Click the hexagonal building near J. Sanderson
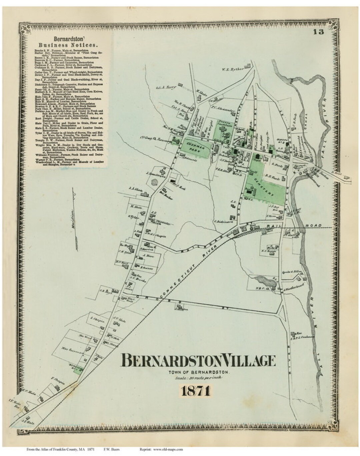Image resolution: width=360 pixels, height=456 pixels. (x=155, y=183)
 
